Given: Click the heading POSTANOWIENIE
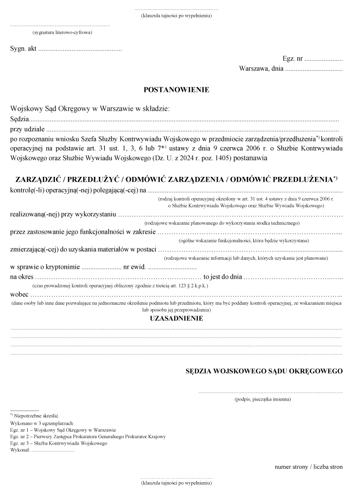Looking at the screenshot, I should [x=176, y=90].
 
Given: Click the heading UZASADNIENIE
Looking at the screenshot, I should [x=176, y=319].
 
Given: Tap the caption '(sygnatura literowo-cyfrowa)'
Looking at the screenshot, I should [x=62, y=33].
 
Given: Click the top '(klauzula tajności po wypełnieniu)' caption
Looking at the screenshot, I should [x=176, y=16].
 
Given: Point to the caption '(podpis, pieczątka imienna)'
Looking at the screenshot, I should [x=263, y=399].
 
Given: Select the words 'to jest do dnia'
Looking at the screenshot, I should [x=222, y=277].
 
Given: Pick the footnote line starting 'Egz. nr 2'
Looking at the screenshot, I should [x=87, y=437].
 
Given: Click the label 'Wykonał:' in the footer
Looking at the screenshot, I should [x=20, y=450].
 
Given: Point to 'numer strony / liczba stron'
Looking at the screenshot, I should [x=309, y=467].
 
